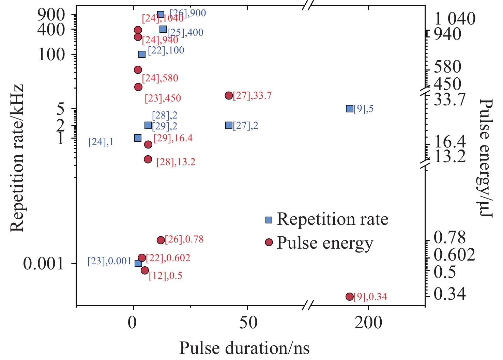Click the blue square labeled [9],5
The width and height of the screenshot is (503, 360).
[x=349, y=109]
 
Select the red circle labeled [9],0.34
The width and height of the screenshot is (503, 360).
[x=349, y=297]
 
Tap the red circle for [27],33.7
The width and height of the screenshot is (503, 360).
[x=229, y=96]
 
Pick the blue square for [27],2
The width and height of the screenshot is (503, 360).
[x=229, y=125]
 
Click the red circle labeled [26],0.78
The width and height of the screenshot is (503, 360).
[x=161, y=240]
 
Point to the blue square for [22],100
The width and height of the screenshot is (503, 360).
[x=142, y=54]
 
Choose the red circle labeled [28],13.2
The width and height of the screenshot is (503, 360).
[x=148, y=159]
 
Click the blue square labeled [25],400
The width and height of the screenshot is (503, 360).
[x=163, y=29]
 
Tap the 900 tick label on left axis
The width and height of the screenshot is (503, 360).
[x=51, y=14]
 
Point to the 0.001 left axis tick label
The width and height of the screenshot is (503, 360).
[x=44, y=264]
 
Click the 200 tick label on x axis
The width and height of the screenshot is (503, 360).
[x=368, y=323]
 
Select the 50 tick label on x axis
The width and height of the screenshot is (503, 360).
[x=248, y=323]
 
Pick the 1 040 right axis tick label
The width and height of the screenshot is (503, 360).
[x=455, y=18]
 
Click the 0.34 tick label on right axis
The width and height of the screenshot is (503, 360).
[x=449, y=294]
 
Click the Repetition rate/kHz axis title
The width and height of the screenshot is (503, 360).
[x=17, y=158]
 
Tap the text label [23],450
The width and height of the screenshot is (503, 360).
[x=163, y=98]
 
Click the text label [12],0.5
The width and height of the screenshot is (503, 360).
[x=166, y=276]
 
